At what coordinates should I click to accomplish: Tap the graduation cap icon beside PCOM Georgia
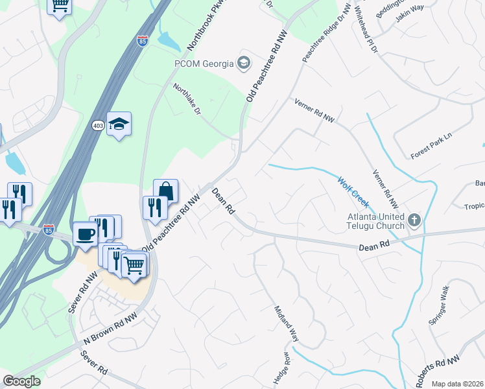tap(243, 63)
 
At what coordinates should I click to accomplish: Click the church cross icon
tap(414, 221)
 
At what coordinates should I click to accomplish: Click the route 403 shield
tap(98, 125)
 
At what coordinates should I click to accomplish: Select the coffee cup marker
tap(85, 233)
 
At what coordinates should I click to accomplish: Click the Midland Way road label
tap(286, 324)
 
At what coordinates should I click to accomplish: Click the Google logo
tap(21, 381)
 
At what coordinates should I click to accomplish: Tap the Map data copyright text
tap(457, 384)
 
